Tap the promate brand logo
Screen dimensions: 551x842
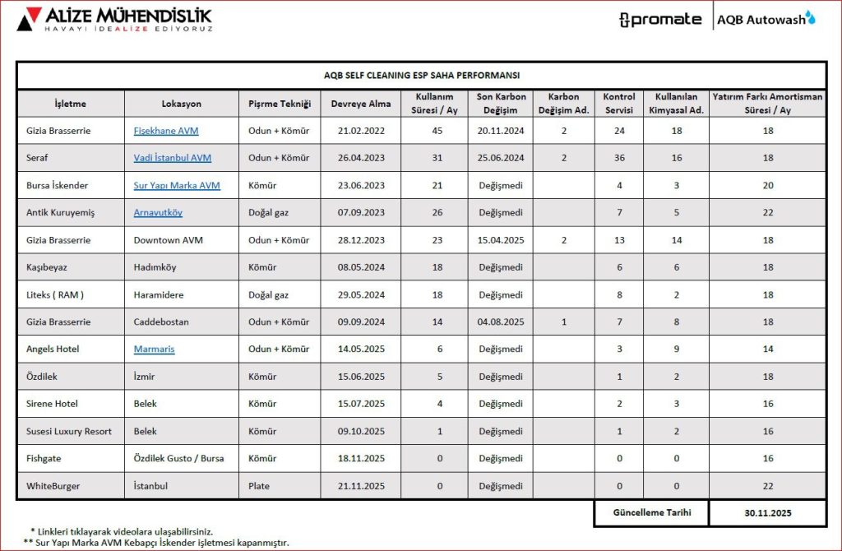[x=660, y=20]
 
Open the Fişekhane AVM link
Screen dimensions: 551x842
[x=166, y=131]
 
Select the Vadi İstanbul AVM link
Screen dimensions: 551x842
[x=173, y=158]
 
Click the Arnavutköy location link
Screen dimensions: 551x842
[x=158, y=213]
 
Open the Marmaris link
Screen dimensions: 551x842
[x=155, y=350]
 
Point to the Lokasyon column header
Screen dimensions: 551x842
[x=181, y=104]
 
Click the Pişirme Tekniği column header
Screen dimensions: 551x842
[x=280, y=104]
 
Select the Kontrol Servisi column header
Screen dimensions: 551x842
[x=619, y=104]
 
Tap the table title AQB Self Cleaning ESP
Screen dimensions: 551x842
[x=421, y=76]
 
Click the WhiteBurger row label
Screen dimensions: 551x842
[x=53, y=486]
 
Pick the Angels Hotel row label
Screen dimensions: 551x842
[x=53, y=350]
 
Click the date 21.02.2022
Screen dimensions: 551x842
[x=360, y=131]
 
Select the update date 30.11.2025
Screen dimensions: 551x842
[x=768, y=512]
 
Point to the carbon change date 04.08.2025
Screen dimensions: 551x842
[x=501, y=322]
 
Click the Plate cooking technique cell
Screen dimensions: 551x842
[x=259, y=486]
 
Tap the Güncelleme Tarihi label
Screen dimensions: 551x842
[x=652, y=512]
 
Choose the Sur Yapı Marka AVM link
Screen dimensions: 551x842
[x=177, y=186]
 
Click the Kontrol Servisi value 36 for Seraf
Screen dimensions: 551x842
[x=619, y=158]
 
